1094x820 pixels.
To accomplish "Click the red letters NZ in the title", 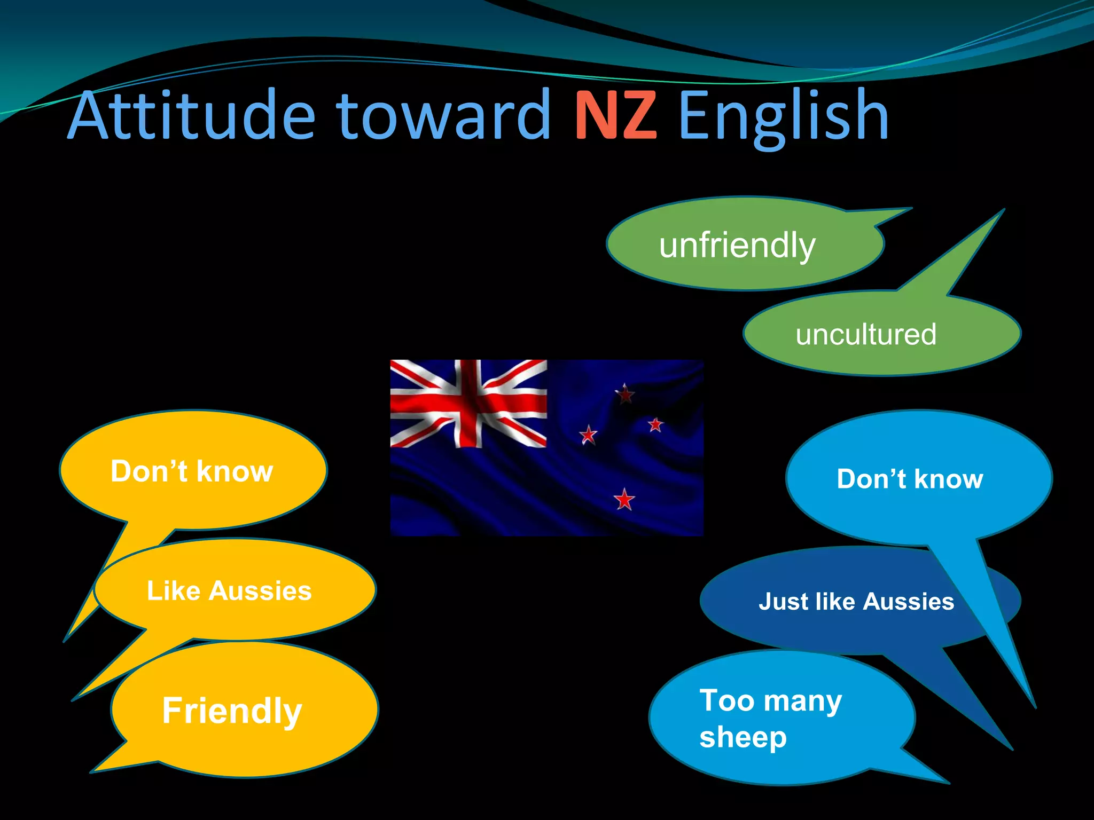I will [615, 116].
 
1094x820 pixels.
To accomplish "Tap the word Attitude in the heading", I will [192, 116].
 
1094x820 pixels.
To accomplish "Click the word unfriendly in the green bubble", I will [737, 246].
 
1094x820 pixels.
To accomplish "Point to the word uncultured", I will [866, 335].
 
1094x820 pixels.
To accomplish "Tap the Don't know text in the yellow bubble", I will [192, 471].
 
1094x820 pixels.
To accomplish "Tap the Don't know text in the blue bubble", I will [910, 479].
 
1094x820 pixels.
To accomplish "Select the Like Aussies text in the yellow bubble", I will [229, 591].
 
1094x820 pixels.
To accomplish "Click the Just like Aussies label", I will [856, 602].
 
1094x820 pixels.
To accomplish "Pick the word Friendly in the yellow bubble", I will [232, 711].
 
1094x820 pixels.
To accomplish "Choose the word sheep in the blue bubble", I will [743, 738].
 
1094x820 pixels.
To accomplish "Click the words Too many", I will [770, 700].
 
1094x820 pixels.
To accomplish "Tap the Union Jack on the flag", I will [468, 404].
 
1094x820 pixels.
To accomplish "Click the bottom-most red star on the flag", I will [624, 500].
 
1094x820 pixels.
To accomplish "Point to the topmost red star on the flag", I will [625, 395].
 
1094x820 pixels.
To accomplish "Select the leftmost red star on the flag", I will [588, 435].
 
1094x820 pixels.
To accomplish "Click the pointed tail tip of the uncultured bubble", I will [1003, 210].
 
